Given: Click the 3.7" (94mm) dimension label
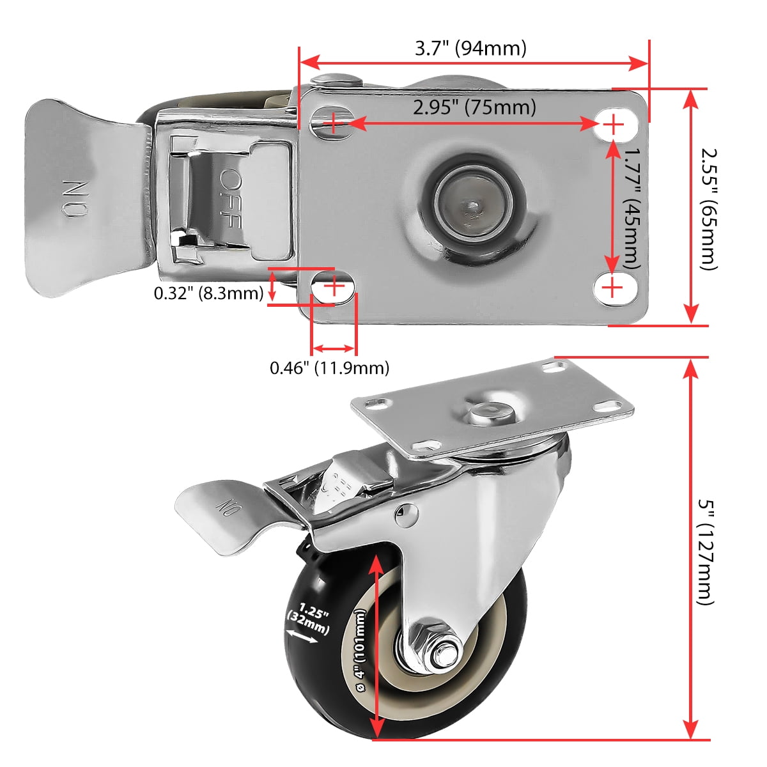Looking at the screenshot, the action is (x=470, y=49).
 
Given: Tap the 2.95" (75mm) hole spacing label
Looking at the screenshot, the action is (x=474, y=107).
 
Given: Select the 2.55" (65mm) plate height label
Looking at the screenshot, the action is (x=709, y=209).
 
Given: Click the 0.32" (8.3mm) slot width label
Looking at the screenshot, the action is (x=208, y=293).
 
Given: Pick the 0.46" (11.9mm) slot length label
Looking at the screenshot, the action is (x=329, y=368).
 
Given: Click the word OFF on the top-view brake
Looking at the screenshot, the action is (x=231, y=198).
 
